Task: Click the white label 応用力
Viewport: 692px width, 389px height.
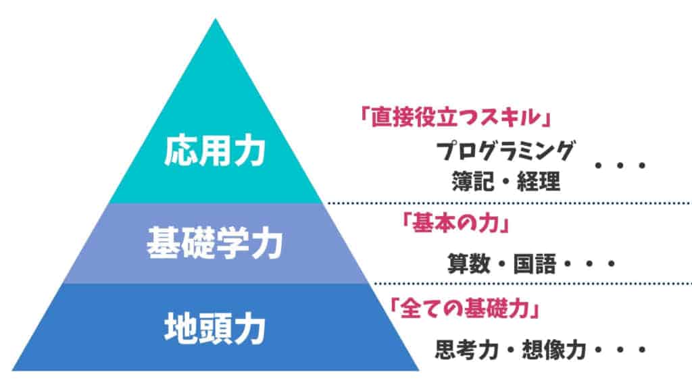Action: tap(214, 151)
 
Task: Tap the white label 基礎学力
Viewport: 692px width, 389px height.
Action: tap(214, 243)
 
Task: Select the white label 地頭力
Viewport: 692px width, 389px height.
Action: tap(214, 329)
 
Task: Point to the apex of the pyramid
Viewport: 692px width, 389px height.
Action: tap(216, 18)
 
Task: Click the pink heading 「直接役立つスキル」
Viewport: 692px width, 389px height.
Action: tap(456, 118)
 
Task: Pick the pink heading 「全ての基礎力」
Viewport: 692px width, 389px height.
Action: tap(464, 307)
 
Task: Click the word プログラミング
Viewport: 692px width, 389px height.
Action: tap(505, 151)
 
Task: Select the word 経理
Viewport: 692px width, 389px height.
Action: tap(539, 181)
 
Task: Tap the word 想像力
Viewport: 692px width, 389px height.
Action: tap(554, 350)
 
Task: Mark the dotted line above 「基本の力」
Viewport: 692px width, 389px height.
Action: tap(507, 203)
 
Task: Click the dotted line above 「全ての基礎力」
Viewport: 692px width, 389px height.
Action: tap(532, 284)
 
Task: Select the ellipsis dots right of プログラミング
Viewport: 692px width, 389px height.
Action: tap(620, 166)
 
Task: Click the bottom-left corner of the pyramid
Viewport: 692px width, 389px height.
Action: tap(12, 370)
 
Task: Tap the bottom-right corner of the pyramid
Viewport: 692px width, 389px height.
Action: tap(418, 370)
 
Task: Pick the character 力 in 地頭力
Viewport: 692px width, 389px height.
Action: tap(249, 329)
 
